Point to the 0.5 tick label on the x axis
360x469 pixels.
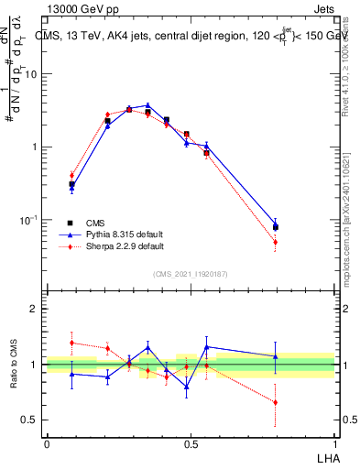click(x=191, y=442)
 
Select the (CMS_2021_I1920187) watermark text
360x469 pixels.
click(x=191, y=274)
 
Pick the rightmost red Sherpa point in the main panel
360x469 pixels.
click(x=275, y=243)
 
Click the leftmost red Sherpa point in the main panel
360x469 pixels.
click(x=71, y=175)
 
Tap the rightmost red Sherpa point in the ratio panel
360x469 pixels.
click(x=275, y=402)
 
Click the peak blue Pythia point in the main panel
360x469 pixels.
click(x=147, y=105)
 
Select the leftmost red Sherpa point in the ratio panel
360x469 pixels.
click(x=71, y=343)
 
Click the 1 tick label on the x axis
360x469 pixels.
click(x=335, y=442)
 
